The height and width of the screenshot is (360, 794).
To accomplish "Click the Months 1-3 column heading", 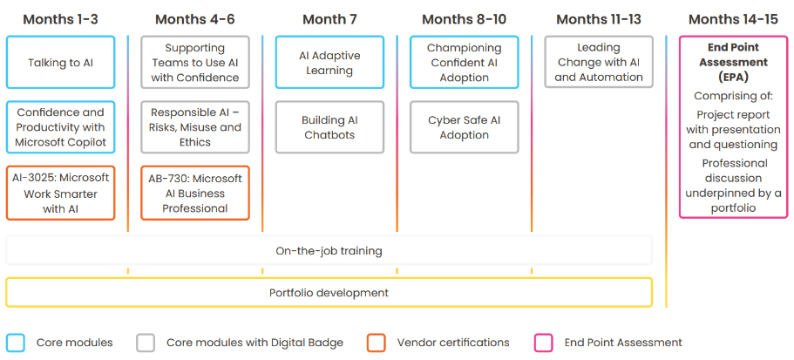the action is pos(61,20).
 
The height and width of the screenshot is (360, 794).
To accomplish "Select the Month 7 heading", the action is pos(329,20).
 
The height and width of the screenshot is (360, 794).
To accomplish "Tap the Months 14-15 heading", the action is pos(733,20).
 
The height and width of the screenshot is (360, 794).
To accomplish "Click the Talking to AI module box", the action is pos(61,62).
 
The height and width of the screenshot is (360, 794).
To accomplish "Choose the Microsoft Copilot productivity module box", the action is pos(61,127).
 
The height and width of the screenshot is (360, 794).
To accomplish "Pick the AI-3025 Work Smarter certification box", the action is pos(61,193).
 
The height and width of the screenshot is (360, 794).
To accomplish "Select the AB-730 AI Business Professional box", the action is pos(195,193).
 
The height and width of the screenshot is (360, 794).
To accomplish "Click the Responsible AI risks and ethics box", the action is pos(195,127).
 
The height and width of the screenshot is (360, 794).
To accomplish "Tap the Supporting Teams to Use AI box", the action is pos(195,62).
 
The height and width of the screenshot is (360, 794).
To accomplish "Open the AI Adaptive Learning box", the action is pos(329,62).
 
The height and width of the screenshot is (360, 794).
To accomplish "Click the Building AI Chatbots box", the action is pos(329,127).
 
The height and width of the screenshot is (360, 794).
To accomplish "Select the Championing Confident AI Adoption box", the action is pos(465,62).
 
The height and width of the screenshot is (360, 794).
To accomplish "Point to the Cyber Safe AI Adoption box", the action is pos(465,127).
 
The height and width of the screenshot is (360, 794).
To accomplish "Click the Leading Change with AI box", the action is pos(599,62).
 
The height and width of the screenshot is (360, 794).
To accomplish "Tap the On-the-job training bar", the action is pos(329,251).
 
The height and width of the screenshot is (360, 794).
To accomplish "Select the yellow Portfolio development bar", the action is pos(329,292).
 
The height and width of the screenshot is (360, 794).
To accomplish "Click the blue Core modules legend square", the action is pos(16,343).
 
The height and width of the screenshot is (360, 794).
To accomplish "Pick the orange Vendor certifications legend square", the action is pos(377,343).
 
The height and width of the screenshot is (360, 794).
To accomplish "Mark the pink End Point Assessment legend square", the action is pos(543,343).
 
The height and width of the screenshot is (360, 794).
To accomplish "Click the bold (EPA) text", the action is pos(733,78).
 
